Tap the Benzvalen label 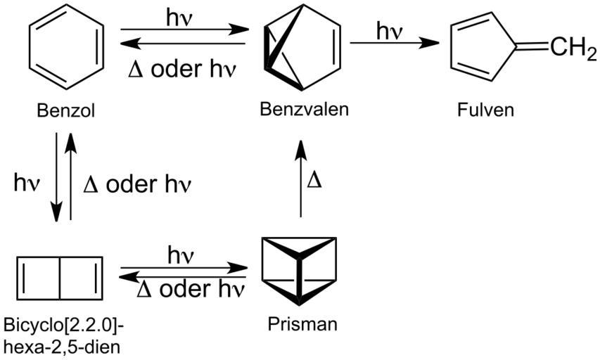coord(304,109)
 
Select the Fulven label coord(485,110)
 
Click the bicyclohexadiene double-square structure coord(59,276)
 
